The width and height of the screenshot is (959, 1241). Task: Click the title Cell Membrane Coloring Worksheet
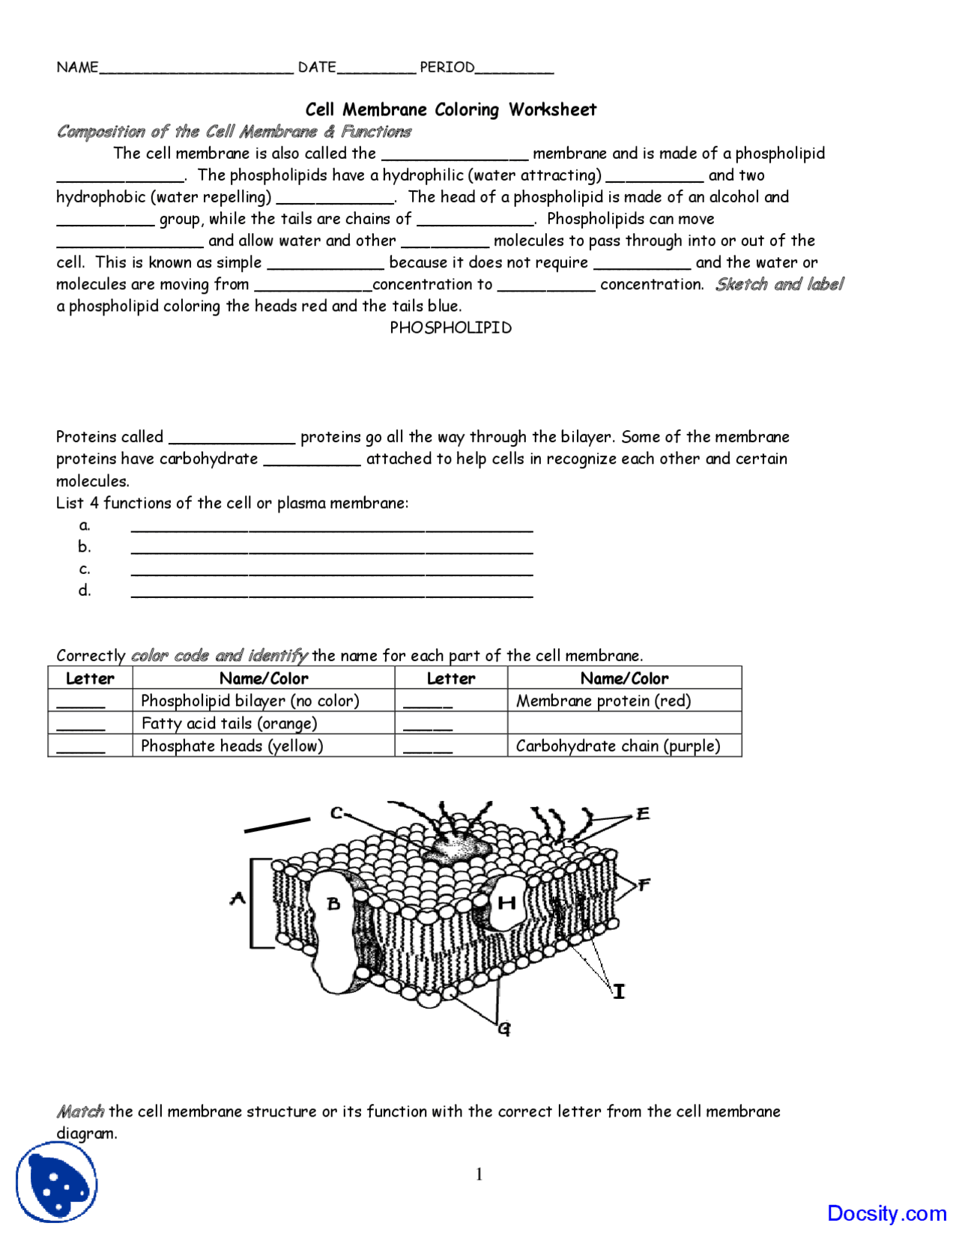(450, 109)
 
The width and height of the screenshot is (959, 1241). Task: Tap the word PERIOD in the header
(447, 67)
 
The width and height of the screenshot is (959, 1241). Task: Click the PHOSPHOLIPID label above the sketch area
(450, 327)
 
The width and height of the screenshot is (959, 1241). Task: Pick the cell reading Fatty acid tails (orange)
(229, 723)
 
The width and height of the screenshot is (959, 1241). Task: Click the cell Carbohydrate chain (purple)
(618, 746)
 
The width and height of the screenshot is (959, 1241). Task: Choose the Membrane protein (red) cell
(604, 701)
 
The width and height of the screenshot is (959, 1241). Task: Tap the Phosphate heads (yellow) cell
(232, 746)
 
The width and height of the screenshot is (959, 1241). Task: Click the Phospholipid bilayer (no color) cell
(250, 701)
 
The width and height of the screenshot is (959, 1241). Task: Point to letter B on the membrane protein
(334, 904)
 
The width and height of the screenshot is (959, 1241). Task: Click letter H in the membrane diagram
(507, 902)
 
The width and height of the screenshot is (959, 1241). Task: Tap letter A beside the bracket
(238, 898)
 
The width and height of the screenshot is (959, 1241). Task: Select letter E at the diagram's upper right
(643, 814)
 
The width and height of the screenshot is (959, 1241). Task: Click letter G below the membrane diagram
(504, 1029)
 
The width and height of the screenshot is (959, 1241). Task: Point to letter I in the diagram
(619, 992)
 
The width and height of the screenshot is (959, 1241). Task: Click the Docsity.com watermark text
(886, 1213)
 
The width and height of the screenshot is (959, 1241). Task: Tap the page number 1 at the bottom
(479, 1174)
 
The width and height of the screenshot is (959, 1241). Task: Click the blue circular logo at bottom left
(57, 1183)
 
